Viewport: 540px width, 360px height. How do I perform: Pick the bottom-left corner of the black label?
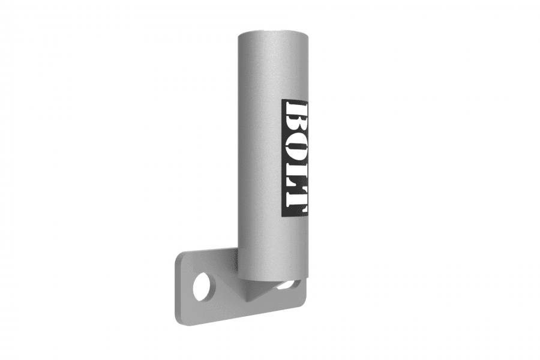point(282,217)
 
